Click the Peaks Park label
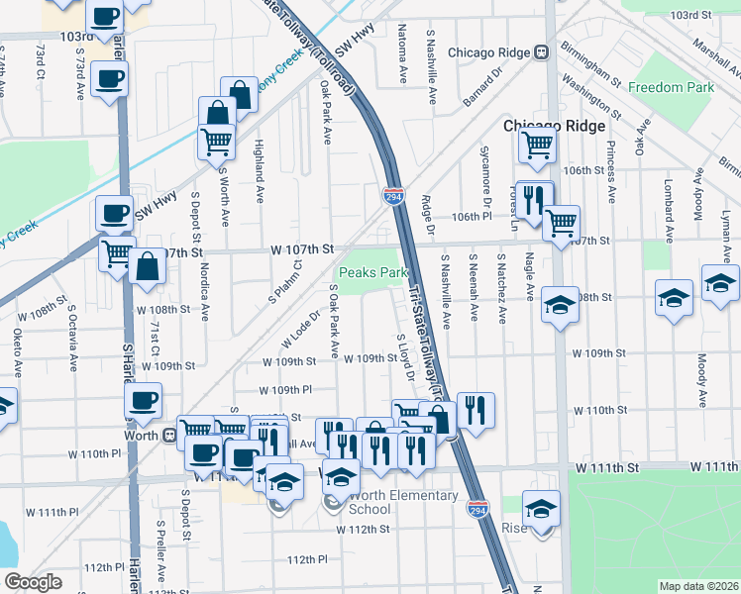coord(373,272)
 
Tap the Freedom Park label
coord(671,87)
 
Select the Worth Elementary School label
coord(402,502)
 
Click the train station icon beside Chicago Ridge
coord(542,52)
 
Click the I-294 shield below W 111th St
coord(476,508)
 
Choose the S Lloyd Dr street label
coord(404,357)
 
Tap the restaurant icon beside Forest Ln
coord(533,199)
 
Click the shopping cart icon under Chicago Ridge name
coord(537,145)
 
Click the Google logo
coord(33,582)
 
